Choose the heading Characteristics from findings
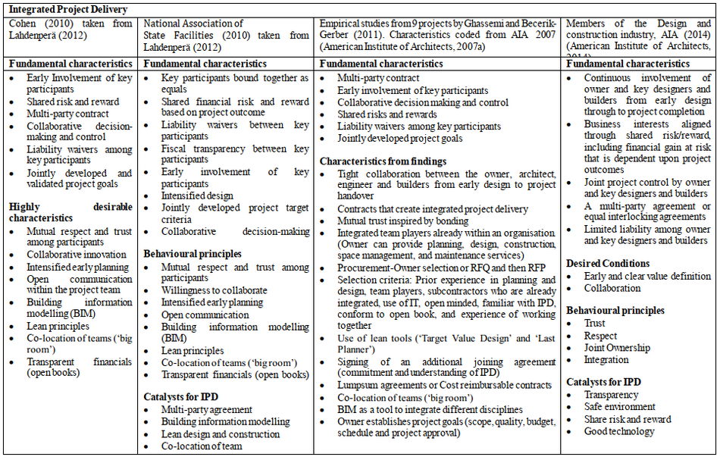[383, 161]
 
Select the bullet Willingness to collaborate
[214, 290]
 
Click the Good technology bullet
[618, 431]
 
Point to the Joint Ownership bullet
[616, 348]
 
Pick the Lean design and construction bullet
[221, 434]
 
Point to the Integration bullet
[606, 360]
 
